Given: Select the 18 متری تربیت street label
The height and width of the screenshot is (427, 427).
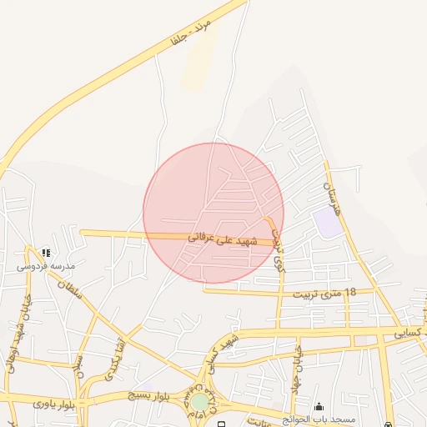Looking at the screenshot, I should (324, 294).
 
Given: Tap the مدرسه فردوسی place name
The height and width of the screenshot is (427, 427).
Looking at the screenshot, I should (46, 266).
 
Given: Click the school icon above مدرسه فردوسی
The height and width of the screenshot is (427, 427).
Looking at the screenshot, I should (46, 252).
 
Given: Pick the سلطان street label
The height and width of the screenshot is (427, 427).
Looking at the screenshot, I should (70, 294).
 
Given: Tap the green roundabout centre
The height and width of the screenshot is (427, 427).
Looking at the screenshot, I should (200, 403).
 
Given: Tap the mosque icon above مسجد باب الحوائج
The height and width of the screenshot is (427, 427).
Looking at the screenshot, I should (319, 406).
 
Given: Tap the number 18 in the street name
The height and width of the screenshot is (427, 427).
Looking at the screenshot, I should (349, 293).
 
